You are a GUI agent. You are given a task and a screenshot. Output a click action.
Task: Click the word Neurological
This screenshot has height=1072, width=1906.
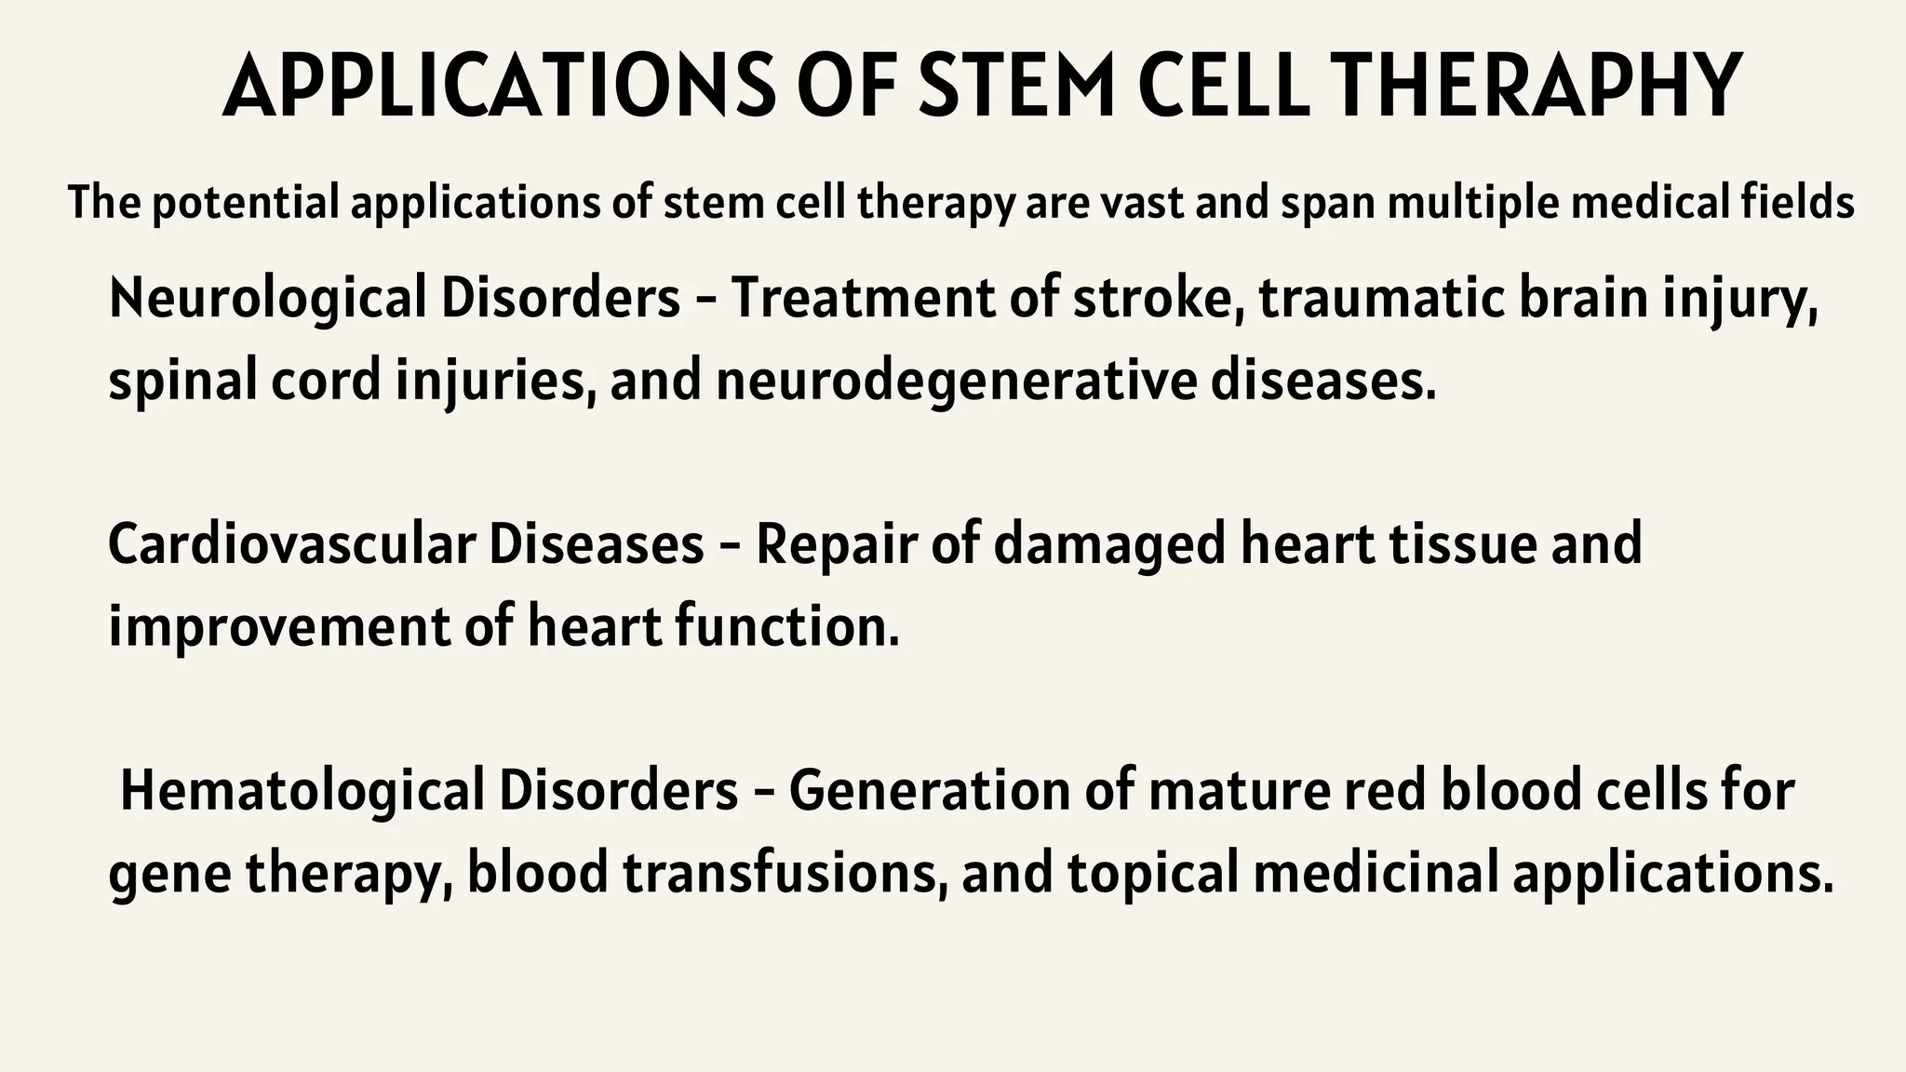[268, 299]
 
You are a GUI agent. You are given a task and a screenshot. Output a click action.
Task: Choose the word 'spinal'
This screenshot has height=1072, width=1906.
[182, 382]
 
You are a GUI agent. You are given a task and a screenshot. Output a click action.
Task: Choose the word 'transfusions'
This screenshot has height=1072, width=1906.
[778, 874]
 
